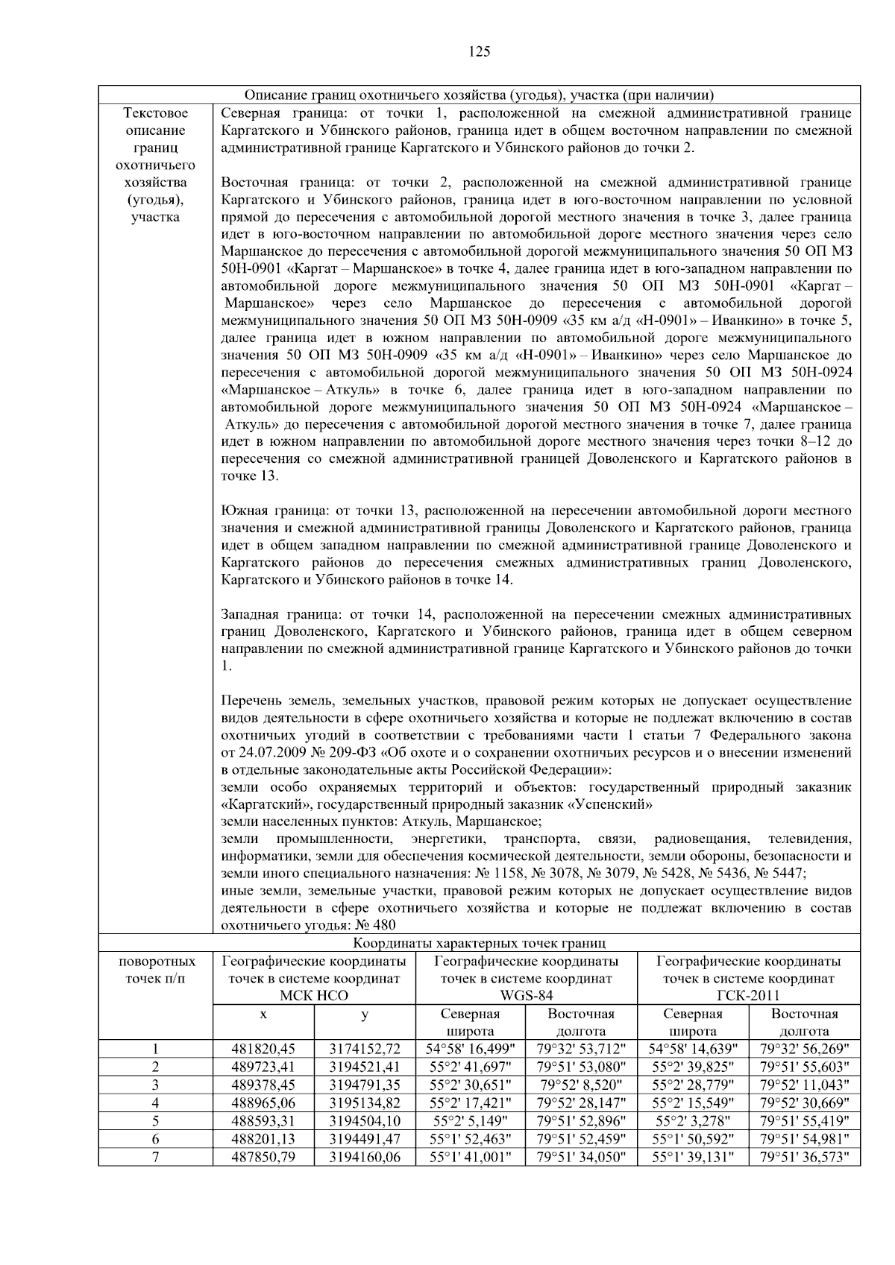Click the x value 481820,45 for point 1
pyautogui.click(x=263, y=1050)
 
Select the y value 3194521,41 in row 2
pyautogui.click(x=365, y=1067)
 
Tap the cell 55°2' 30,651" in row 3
pyautogui.click(x=470, y=1085)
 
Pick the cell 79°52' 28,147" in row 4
pyautogui.click(x=581, y=1103)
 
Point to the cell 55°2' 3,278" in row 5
pyautogui.click(x=693, y=1121)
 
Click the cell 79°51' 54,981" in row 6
pyautogui.click(x=804, y=1139)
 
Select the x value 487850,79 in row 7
pyautogui.click(x=263, y=1157)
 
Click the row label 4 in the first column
pyautogui.click(x=155, y=1103)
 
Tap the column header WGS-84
pyautogui.click(x=526, y=996)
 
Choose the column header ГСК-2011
pyautogui.click(x=749, y=996)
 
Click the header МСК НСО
pyautogui.click(x=314, y=996)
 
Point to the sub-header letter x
pyautogui.click(x=263, y=1015)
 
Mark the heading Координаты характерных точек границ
pyautogui.click(x=479, y=944)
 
